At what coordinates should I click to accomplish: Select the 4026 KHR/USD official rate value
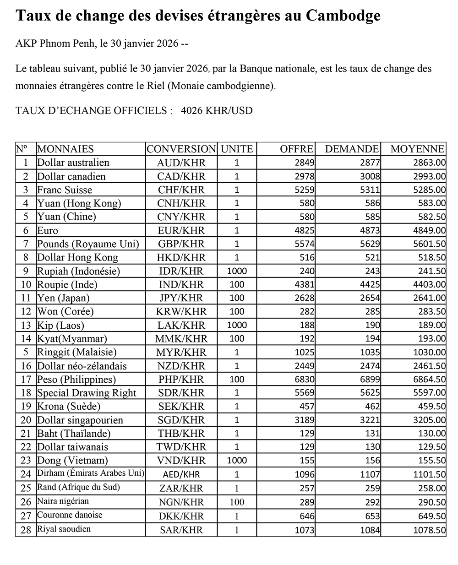click(217, 110)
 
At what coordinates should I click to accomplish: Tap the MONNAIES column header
click(65, 149)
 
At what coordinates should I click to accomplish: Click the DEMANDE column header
click(352, 149)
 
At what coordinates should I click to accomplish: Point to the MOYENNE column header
click(417, 149)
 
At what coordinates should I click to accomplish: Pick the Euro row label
click(48, 230)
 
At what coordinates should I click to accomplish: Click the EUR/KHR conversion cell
click(181, 230)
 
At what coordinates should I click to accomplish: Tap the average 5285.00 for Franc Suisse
click(429, 190)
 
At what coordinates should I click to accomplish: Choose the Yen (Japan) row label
click(63, 298)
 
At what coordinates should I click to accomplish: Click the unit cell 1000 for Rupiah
click(237, 271)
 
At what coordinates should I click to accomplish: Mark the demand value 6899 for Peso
click(370, 380)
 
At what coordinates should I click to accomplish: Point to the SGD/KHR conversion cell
click(181, 420)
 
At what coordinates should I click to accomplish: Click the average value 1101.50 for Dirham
click(429, 474)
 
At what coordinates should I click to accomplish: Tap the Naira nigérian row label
click(63, 501)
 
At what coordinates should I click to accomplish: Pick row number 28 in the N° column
click(26, 530)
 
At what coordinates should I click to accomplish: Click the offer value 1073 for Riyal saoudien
click(304, 530)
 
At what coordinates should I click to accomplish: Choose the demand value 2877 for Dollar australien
click(370, 163)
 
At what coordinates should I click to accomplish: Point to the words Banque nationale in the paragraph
click(280, 69)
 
